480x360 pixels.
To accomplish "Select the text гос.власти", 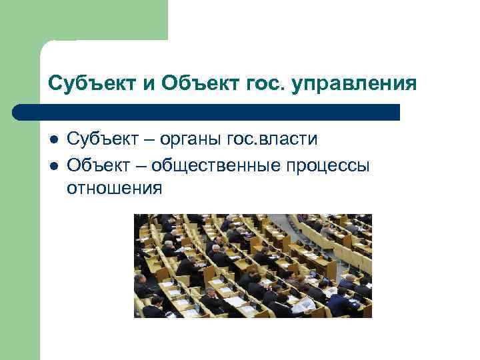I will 271,139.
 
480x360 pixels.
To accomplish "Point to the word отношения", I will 114,189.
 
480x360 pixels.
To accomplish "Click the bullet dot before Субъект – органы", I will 53,140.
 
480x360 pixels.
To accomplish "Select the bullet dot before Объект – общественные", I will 53,165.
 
